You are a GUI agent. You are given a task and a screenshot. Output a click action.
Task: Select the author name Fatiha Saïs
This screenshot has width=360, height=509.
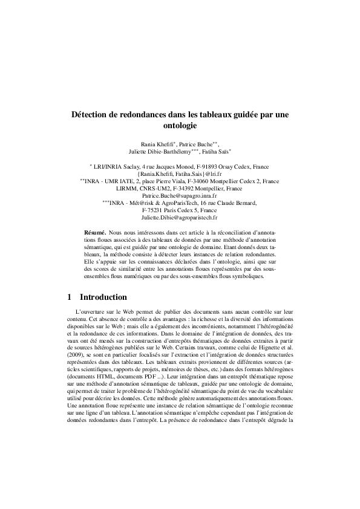pos(217,153)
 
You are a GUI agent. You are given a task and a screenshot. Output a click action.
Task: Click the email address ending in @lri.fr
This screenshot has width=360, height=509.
pos(180,173)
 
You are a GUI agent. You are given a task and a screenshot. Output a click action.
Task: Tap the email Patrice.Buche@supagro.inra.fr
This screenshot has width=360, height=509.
pos(180,196)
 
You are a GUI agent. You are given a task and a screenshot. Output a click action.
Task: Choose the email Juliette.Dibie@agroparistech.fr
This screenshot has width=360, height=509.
pos(180,217)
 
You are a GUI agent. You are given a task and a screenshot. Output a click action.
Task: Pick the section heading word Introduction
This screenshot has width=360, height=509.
pos(103,297)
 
